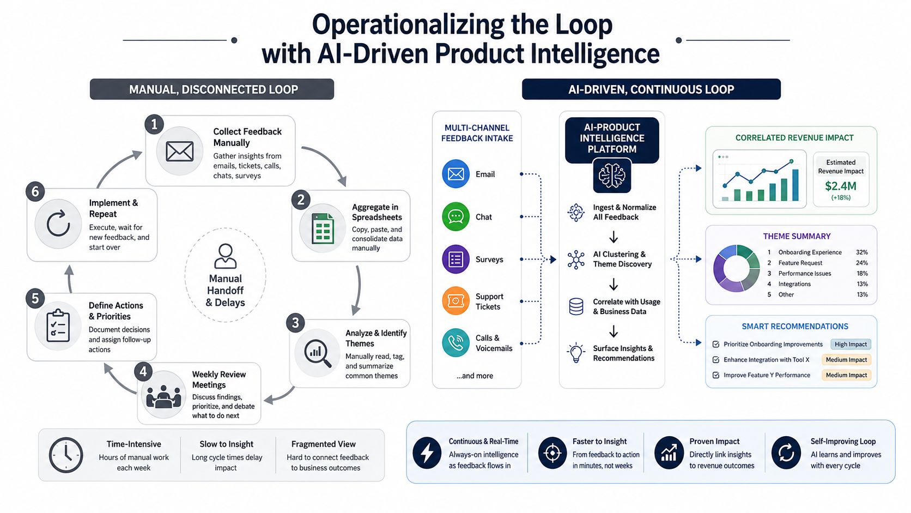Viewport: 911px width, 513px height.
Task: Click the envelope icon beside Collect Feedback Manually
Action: (x=179, y=152)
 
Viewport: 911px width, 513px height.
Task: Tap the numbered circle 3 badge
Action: (x=295, y=323)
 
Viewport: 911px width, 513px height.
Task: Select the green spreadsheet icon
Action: (x=323, y=228)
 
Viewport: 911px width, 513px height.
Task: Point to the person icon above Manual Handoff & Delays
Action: (x=226, y=256)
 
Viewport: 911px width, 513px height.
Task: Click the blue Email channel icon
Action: (x=456, y=174)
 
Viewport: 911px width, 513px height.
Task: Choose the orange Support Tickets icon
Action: (x=456, y=300)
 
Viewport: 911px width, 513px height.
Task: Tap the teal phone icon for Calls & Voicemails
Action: (x=456, y=342)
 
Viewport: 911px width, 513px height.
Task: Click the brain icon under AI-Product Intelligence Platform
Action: (x=612, y=176)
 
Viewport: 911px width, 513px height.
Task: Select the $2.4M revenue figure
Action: (x=840, y=186)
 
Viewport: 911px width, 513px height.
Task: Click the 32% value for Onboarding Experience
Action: (x=861, y=252)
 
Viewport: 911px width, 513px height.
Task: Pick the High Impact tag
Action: (x=851, y=344)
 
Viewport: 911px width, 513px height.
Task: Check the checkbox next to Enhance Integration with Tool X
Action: (x=716, y=360)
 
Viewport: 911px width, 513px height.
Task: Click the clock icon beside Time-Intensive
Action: (x=66, y=455)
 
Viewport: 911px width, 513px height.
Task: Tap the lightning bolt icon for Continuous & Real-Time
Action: (x=427, y=452)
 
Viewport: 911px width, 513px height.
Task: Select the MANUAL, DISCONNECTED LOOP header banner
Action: (x=212, y=89)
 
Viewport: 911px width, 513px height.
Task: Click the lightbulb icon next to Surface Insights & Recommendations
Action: (x=576, y=352)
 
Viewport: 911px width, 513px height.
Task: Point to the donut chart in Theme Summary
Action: (x=736, y=268)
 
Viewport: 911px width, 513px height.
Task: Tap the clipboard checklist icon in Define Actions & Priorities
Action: (x=58, y=325)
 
